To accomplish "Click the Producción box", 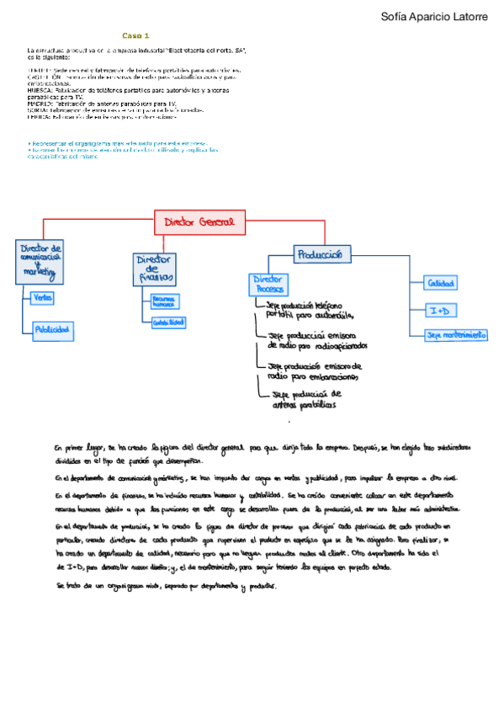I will pyautogui.click(x=320, y=253).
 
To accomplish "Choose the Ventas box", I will pyautogui.click(x=41, y=298).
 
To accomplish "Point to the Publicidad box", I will pyautogui.click(x=52, y=329).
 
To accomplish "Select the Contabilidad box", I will pyautogui.click(x=169, y=322).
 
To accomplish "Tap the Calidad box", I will pyautogui.click(x=440, y=283).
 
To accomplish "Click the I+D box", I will pyautogui.click(x=440, y=311).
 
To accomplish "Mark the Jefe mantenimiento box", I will pyautogui.click(x=456, y=335).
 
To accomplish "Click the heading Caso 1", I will pyautogui.click(x=135, y=36).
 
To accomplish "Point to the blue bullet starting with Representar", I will pyautogui.click(x=117, y=144).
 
